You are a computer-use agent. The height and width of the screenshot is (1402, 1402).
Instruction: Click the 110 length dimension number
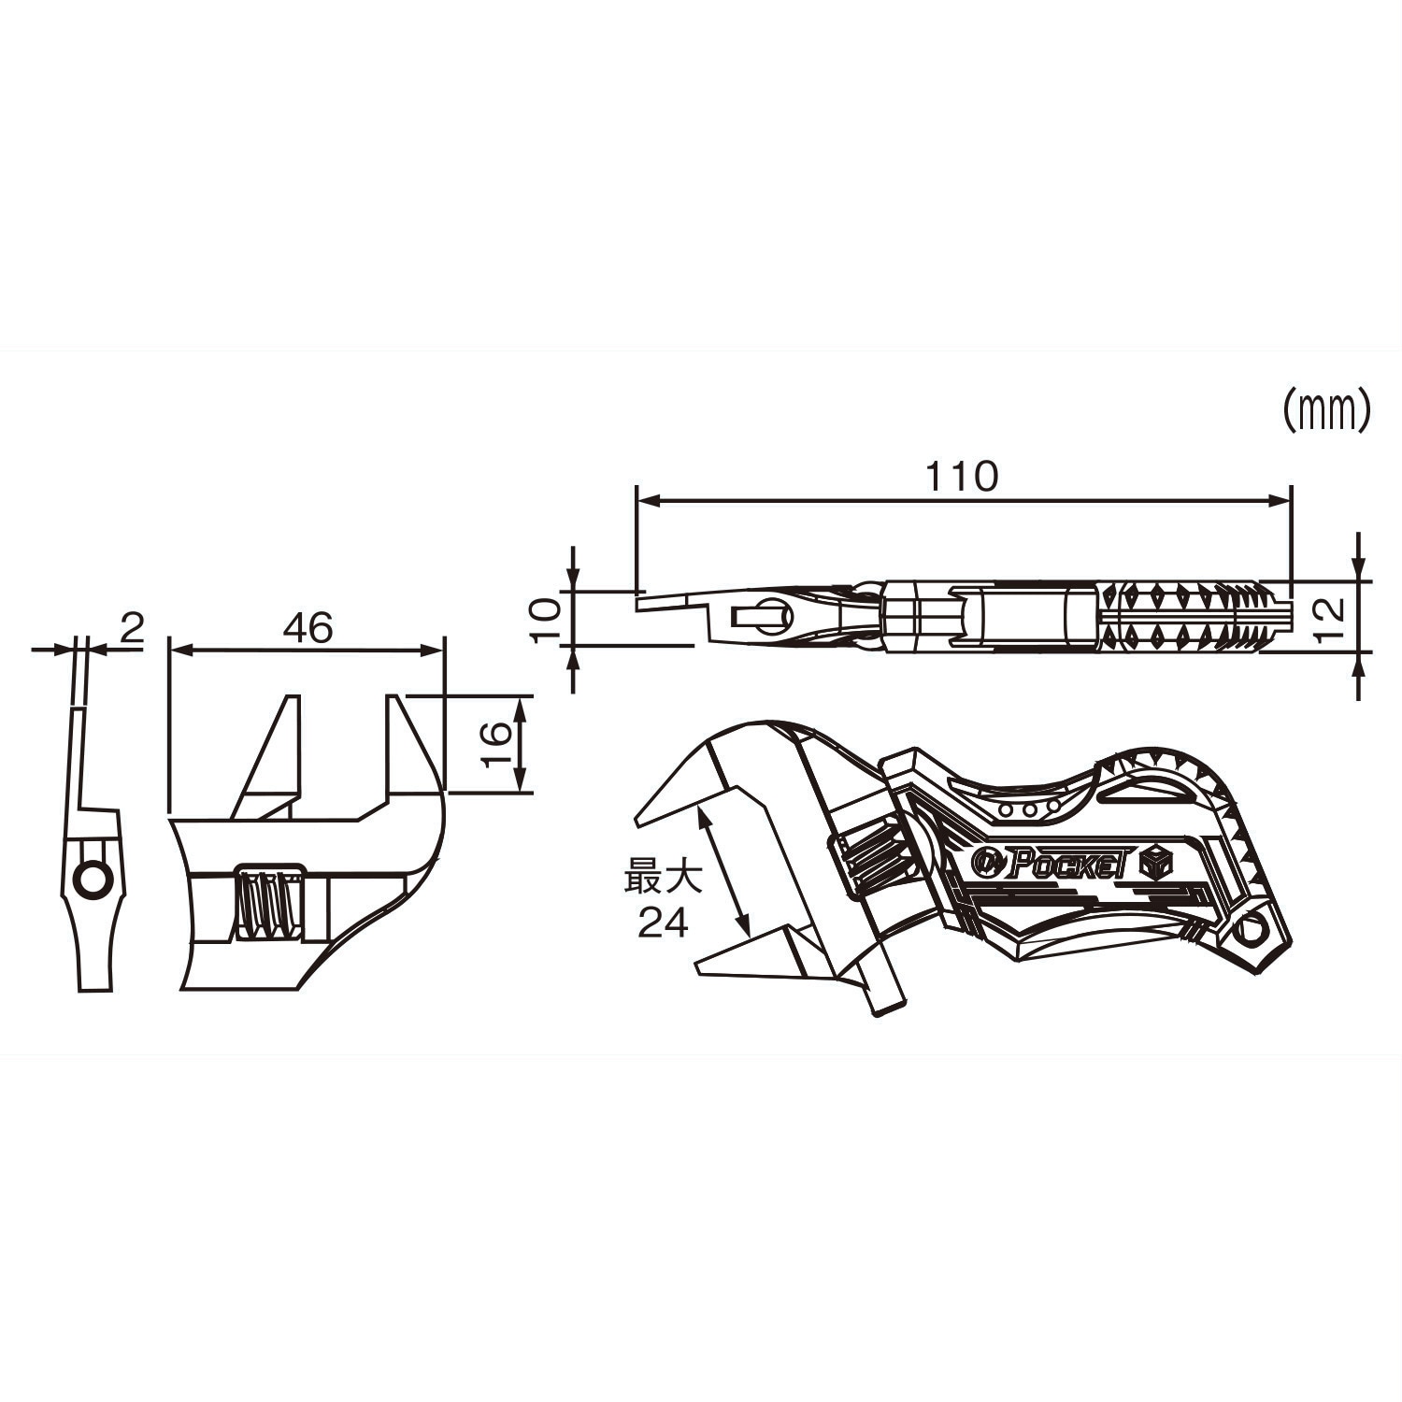tap(962, 478)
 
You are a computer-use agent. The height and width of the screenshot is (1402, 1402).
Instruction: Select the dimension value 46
tap(308, 628)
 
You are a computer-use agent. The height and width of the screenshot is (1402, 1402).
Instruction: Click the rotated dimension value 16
tap(498, 744)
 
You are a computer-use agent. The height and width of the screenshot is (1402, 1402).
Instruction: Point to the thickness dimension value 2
tap(132, 628)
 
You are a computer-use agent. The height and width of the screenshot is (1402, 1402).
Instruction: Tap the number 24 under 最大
tap(663, 923)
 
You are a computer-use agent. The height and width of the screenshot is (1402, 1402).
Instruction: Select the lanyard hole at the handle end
tap(1250, 932)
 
